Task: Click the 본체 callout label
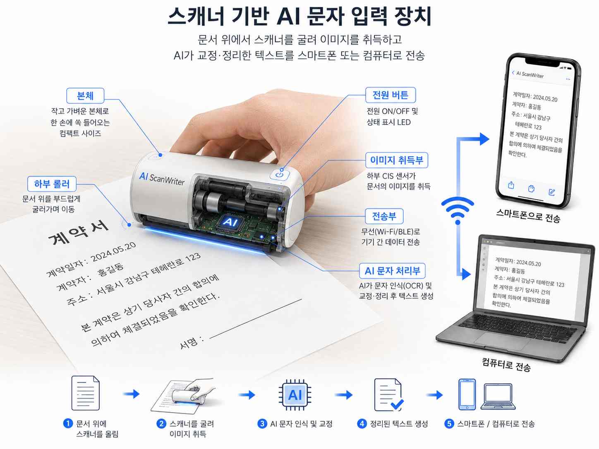[x=85, y=96]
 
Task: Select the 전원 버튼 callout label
[x=390, y=95]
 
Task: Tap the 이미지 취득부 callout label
[x=397, y=160]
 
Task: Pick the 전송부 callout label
[x=384, y=216]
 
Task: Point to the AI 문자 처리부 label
[x=392, y=271]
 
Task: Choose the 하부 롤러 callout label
[x=52, y=184]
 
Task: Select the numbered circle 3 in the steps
[x=262, y=424]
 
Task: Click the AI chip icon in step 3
[x=295, y=394]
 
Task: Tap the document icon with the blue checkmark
[x=388, y=395]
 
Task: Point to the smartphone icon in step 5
[x=467, y=394]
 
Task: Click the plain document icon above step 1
[x=85, y=393]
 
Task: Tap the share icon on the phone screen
[x=511, y=185]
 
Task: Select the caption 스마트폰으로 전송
[x=528, y=216]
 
